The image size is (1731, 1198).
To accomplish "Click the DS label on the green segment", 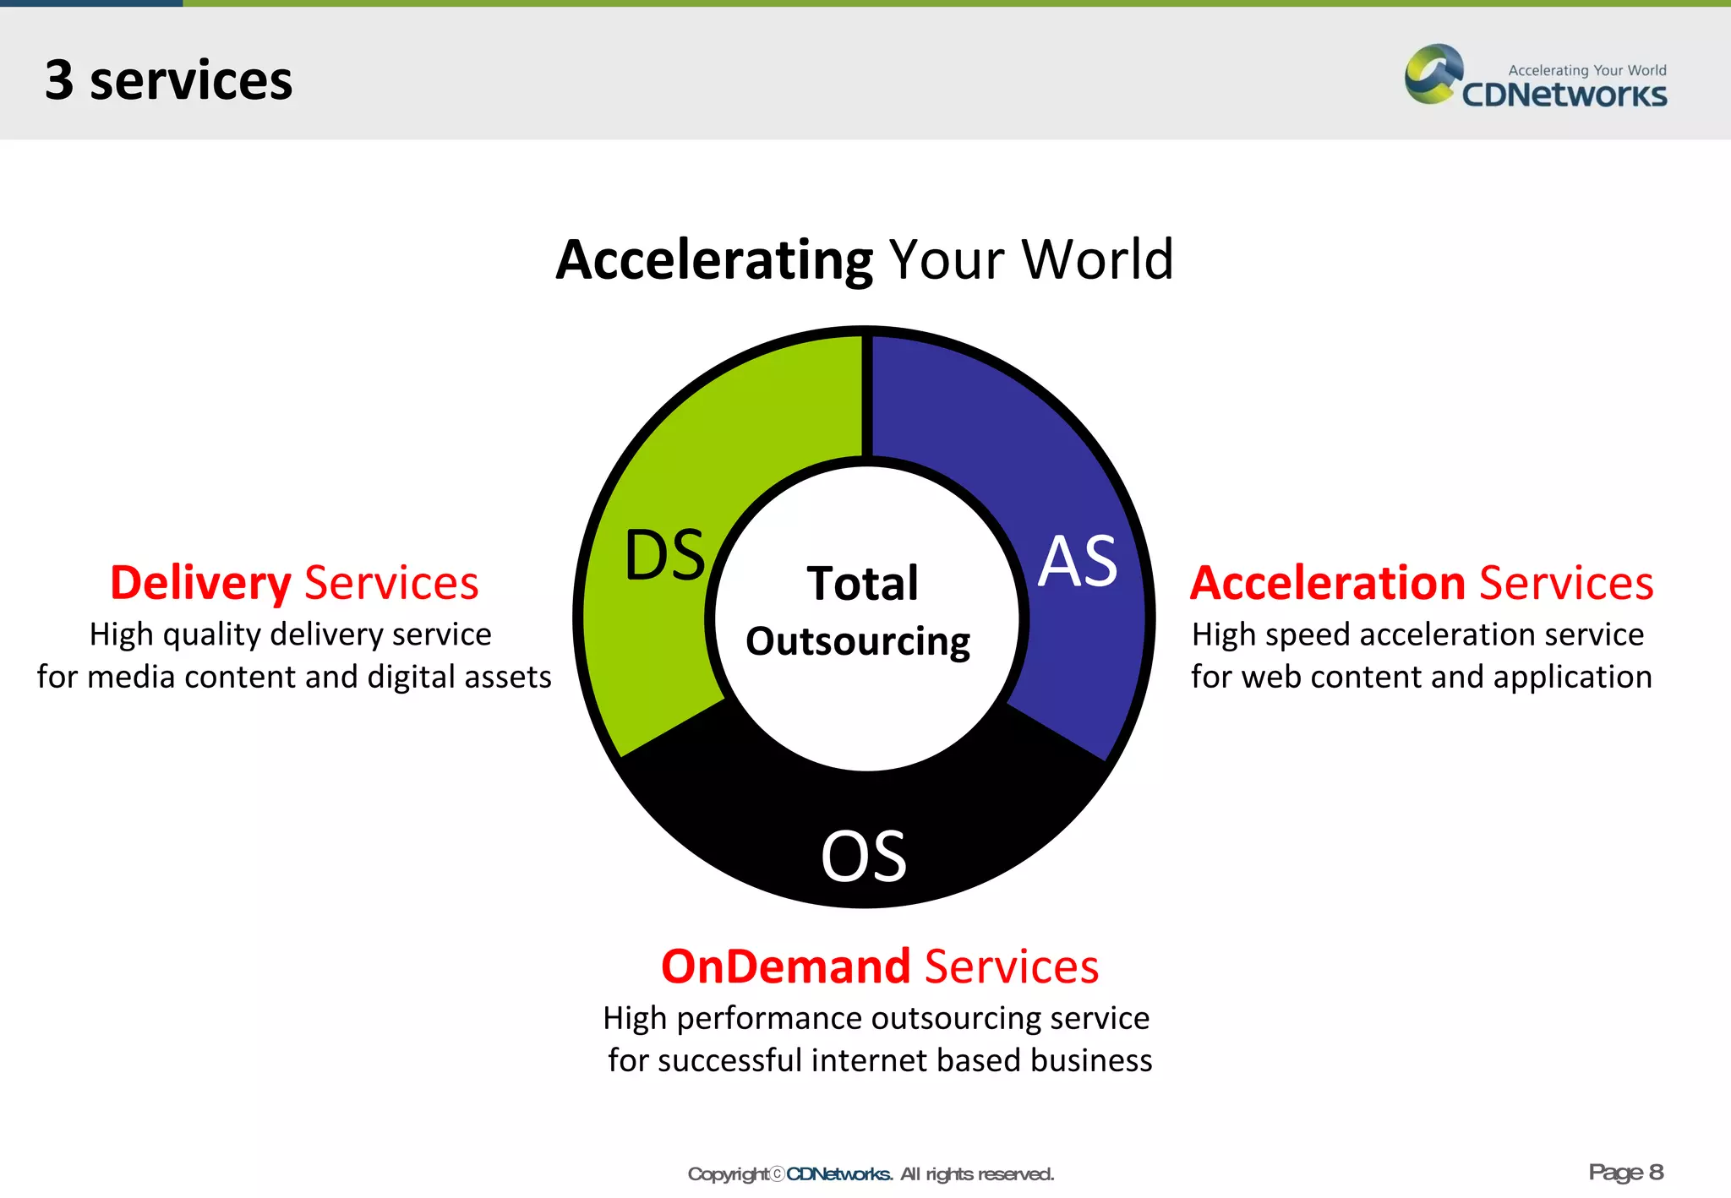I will [665, 555].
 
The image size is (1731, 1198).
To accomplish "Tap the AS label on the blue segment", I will [1078, 561].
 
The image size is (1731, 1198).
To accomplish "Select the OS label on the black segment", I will [864, 856].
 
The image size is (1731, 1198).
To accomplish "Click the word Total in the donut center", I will [862, 583].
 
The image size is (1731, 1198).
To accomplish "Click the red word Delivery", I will [200, 583].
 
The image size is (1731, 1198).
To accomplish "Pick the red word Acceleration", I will [1328, 583].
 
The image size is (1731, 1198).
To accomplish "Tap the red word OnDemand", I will [785, 967].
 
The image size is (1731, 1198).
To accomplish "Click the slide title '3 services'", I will [168, 80].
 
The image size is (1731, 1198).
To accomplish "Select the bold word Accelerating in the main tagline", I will [714, 259].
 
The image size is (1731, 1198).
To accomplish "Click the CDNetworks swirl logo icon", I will [1433, 74].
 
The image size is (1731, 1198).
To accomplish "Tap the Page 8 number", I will [1625, 1172].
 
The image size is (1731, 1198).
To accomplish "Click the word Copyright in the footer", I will [728, 1174].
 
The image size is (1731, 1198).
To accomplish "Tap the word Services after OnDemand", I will [1012, 967].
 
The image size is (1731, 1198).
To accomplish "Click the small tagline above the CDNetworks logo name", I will [1586, 70].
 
